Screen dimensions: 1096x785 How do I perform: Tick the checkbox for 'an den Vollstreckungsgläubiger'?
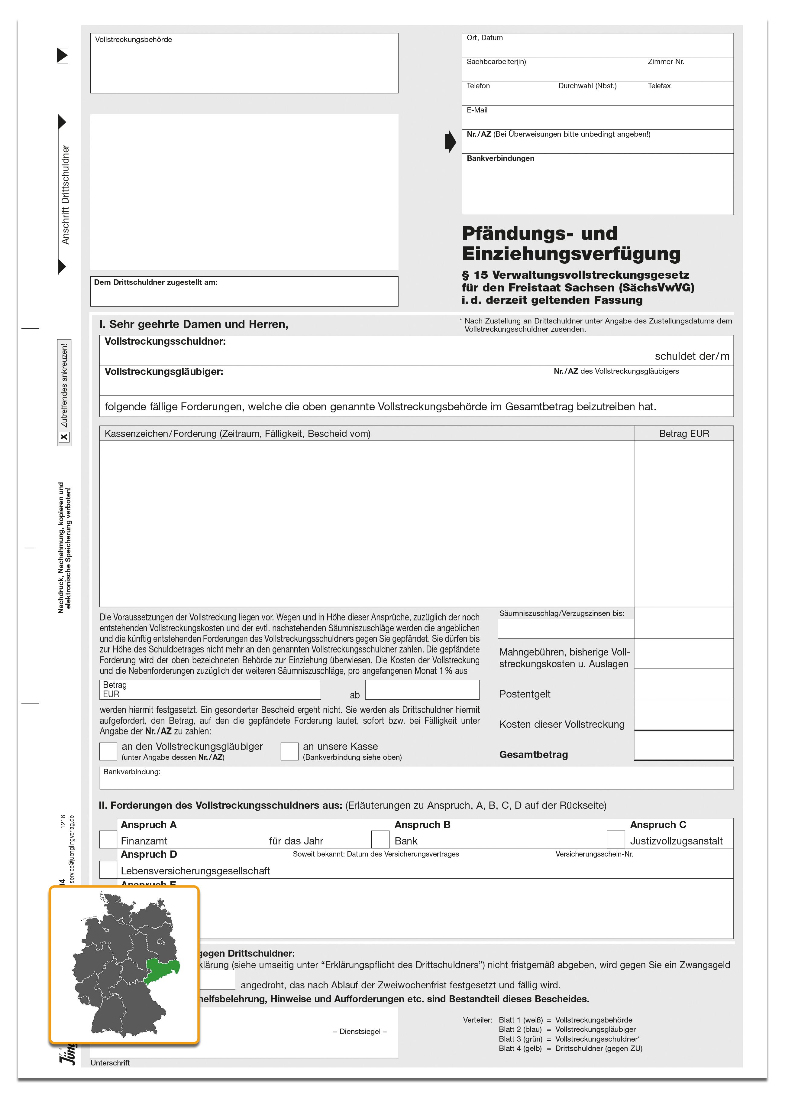click(x=108, y=751)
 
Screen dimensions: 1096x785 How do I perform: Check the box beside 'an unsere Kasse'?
click(x=289, y=751)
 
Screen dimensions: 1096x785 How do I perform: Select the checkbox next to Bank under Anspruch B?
click(x=380, y=839)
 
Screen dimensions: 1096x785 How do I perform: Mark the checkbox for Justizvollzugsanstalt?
click(x=615, y=839)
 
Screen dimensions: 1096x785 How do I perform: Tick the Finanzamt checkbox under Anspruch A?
click(x=108, y=839)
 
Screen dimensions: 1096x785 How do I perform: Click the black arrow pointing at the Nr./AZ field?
click(x=450, y=141)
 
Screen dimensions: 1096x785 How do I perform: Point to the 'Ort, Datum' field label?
click(x=485, y=38)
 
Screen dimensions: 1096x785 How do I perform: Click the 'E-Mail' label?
click(x=477, y=110)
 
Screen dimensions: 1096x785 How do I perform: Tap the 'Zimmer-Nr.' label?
click(x=666, y=62)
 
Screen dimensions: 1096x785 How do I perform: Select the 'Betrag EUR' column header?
click(x=683, y=434)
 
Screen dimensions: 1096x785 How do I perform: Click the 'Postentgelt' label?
click(x=525, y=694)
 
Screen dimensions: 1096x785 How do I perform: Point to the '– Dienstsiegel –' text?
click(x=360, y=1031)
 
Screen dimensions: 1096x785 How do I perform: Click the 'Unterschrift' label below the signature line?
click(x=110, y=1063)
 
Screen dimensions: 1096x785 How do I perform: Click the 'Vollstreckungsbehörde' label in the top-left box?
click(x=133, y=40)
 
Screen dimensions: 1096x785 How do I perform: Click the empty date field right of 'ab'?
click(x=422, y=690)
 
